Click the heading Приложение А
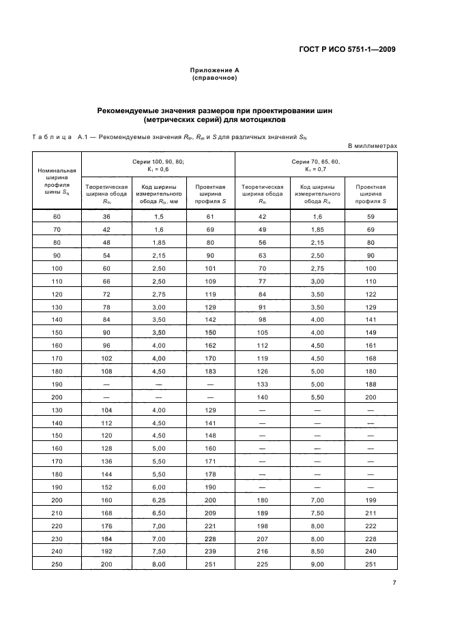(214, 70)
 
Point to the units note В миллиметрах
(373, 145)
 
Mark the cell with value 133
(263, 385)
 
